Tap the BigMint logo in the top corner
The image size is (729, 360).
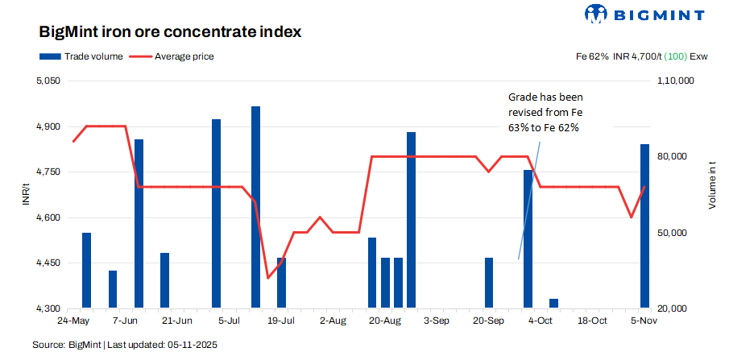pos(644,14)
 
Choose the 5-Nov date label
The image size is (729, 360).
pos(644,321)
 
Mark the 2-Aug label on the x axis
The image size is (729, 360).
pos(333,321)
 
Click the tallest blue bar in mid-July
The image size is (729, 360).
pos(255,207)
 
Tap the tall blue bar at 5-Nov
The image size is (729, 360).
pos(644,226)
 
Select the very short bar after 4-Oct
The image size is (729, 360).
pos(553,304)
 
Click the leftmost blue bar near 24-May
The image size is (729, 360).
pos(86,271)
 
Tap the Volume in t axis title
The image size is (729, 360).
pos(712,185)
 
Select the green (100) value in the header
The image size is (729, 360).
pos(674,56)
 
